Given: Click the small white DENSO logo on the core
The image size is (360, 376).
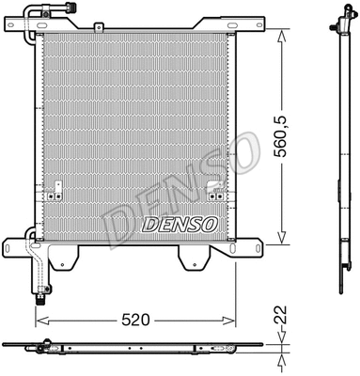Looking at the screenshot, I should click(179, 225).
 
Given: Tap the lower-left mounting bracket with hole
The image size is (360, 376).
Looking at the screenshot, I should click(19, 249).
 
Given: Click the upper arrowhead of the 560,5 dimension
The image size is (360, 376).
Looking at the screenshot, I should click(280, 36).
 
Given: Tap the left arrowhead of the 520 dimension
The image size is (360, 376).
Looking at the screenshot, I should click(40, 320).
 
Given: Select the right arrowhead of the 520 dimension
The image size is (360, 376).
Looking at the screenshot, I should click(231, 320).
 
